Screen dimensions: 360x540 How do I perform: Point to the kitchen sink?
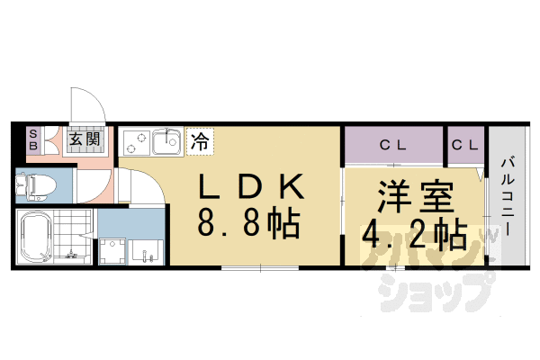pos(167,142)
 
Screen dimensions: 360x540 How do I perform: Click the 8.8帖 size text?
pos(251,225)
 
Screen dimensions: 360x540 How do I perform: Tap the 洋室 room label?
pos(414,198)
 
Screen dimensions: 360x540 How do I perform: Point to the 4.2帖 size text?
pos(414,235)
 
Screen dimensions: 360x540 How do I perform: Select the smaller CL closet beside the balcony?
pos(464,145)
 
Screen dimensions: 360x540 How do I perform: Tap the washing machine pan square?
pos(114,250)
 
